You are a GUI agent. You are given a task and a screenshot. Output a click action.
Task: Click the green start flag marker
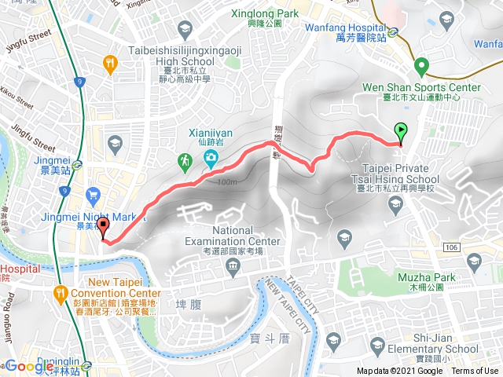point(402,132)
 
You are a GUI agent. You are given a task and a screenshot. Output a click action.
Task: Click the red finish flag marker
point(103,228)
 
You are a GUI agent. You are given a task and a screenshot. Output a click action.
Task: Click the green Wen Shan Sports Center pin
point(421,66)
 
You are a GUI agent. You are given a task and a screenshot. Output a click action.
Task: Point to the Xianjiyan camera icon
point(211,160)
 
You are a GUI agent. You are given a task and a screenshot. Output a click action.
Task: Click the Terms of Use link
point(475,372)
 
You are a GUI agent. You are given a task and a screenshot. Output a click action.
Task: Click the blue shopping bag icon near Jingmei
point(94,192)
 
